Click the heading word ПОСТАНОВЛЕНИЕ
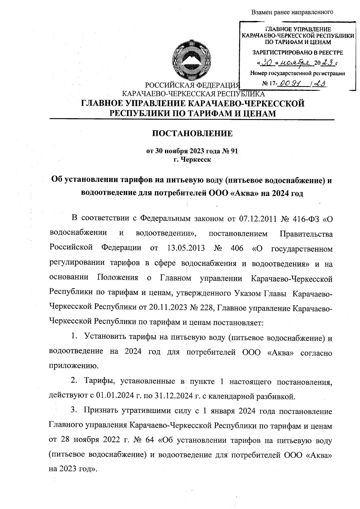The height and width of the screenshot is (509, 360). [x=192, y=133]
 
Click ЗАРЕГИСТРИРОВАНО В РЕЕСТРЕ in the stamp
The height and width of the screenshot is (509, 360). [x=297, y=52]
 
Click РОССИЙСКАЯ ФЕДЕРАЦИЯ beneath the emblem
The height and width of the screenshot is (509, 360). [x=192, y=85]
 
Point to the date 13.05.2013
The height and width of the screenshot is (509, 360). [x=185, y=248]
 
